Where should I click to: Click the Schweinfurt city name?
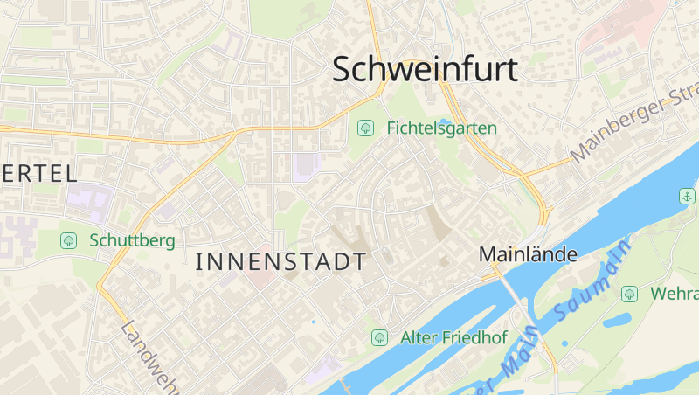click(426, 69)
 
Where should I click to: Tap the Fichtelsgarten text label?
click(441, 128)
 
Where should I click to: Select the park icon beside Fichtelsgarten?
click(365, 128)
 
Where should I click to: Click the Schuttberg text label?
click(131, 239)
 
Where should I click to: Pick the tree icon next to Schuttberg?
click(68, 239)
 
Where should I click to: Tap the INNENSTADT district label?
click(281, 261)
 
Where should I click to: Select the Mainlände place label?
click(528, 254)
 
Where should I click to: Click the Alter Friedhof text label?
click(453, 337)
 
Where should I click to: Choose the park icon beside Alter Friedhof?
click(379, 337)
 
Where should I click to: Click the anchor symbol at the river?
click(686, 195)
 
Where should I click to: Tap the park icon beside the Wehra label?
click(629, 294)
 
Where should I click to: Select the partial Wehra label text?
click(674, 294)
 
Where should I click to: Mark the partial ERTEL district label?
click(39, 173)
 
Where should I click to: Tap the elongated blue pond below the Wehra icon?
click(617, 320)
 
